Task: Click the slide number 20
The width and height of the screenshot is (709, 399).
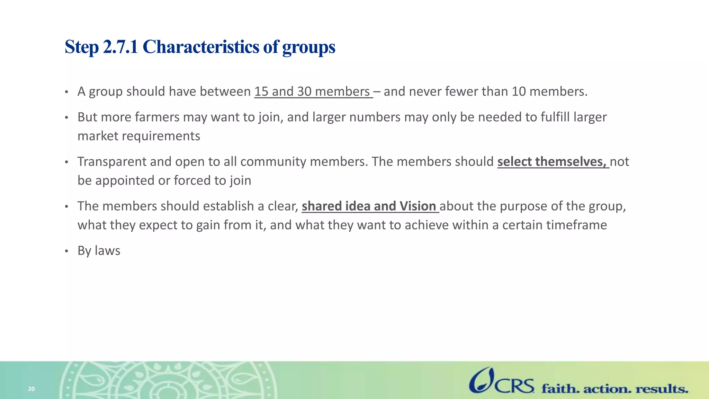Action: coord(31,389)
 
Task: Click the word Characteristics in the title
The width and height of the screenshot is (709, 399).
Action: coord(201,47)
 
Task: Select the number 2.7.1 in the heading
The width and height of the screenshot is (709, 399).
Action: coord(120,47)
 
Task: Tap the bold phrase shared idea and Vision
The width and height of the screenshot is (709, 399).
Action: coord(369,206)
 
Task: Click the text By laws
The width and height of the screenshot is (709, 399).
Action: coord(99,251)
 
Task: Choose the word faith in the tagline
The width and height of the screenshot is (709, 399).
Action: coord(560,389)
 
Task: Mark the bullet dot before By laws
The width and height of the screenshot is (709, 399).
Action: coord(67,251)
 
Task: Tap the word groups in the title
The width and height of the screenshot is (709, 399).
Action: coord(309,47)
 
